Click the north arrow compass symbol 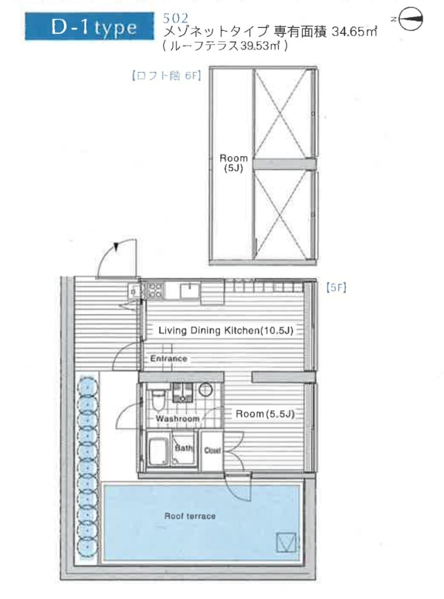(x=409, y=19)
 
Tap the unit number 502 (x=175, y=18)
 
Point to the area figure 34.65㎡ (x=354, y=31)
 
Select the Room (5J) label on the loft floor (x=233, y=163)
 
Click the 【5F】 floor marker (x=336, y=287)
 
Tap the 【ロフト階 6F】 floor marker (x=166, y=75)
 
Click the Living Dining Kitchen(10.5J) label (x=226, y=330)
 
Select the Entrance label (x=168, y=359)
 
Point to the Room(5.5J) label (x=265, y=414)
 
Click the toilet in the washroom (x=157, y=399)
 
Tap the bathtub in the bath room (x=158, y=452)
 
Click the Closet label (x=212, y=450)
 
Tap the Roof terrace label (x=190, y=516)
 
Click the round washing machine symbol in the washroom (x=205, y=390)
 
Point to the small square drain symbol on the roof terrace (x=286, y=542)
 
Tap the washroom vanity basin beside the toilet (x=183, y=393)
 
